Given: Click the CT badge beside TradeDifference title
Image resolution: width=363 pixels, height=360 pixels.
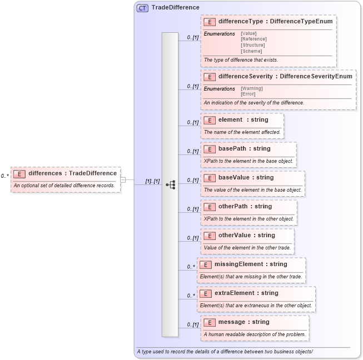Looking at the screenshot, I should click(142, 8).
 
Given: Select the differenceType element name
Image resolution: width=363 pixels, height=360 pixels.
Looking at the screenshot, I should click(241, 22).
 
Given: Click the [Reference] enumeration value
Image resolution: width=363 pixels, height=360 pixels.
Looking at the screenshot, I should click(253, 39).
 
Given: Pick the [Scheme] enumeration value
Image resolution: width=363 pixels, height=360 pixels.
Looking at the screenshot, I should click(251, 51).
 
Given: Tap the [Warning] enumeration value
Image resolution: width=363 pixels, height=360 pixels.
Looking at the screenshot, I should click(252, 88).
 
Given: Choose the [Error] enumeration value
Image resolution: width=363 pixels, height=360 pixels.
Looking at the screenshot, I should click(248, 94).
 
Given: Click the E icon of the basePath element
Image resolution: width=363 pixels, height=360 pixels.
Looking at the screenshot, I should click(210, 149).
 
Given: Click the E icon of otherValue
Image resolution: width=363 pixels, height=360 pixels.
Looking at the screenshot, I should click(210, 236).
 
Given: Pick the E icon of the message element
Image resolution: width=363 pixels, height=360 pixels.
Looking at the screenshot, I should click(210, 322).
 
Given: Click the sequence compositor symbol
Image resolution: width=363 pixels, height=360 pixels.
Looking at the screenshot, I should click(170, 184).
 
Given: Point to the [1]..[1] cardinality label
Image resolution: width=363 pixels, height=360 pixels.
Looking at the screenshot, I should click(152, 181).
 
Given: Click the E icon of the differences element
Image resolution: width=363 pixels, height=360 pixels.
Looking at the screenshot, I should click(19, 173).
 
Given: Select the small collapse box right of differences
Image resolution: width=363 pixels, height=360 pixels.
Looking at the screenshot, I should click(123, 179).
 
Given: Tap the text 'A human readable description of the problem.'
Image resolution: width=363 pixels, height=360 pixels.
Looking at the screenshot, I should click(255, 334).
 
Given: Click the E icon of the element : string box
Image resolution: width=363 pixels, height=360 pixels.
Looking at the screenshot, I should click(210, 120).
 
